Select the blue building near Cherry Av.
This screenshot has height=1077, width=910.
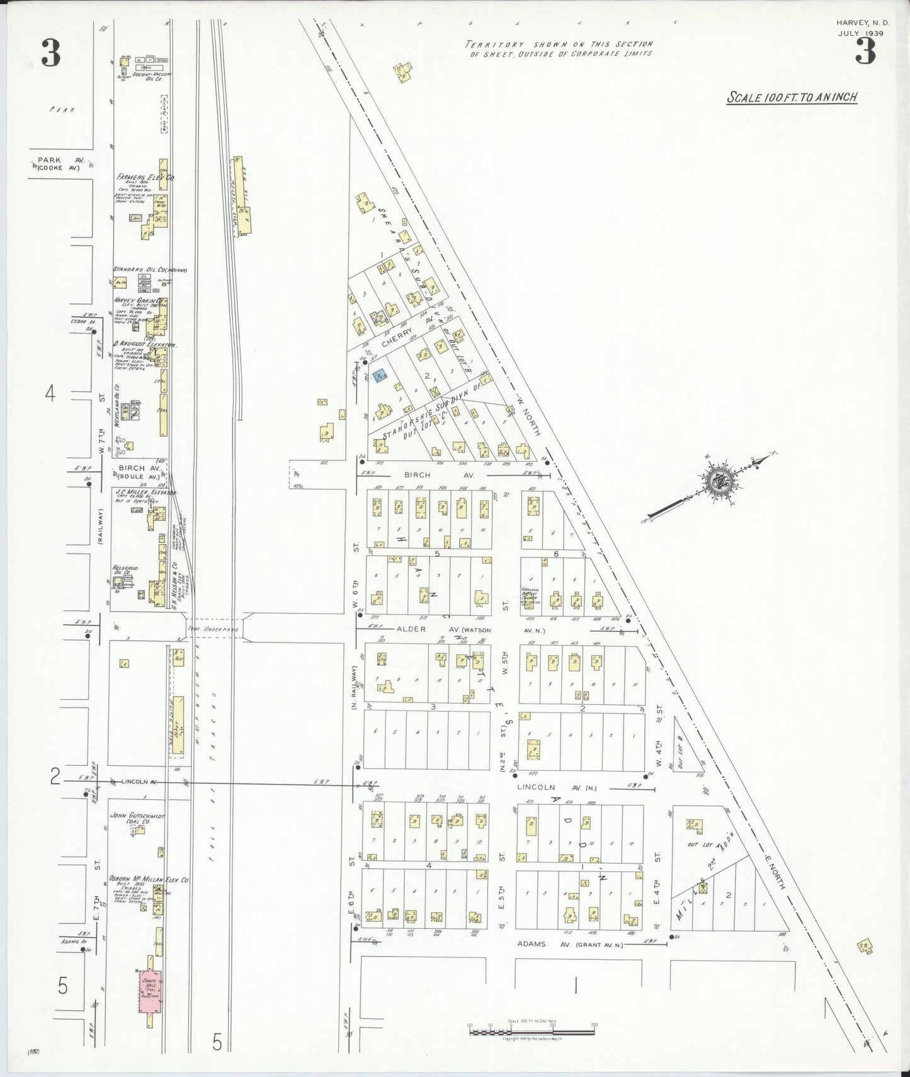click(x=380, y=376)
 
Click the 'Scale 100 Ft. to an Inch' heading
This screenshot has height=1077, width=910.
click(x=792, y=98)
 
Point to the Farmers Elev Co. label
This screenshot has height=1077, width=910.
click(x=145, y=178)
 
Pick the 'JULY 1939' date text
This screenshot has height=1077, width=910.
click(x=860, y=33)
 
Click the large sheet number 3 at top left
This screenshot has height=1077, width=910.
click(x=51, y=53)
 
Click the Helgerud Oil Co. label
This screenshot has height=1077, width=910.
click(x=122, y=569)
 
